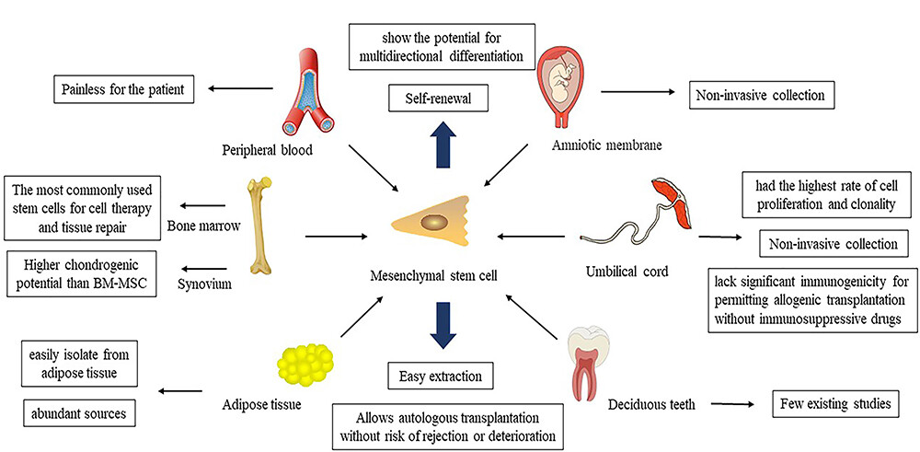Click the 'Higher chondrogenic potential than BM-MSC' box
point(80,273)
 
